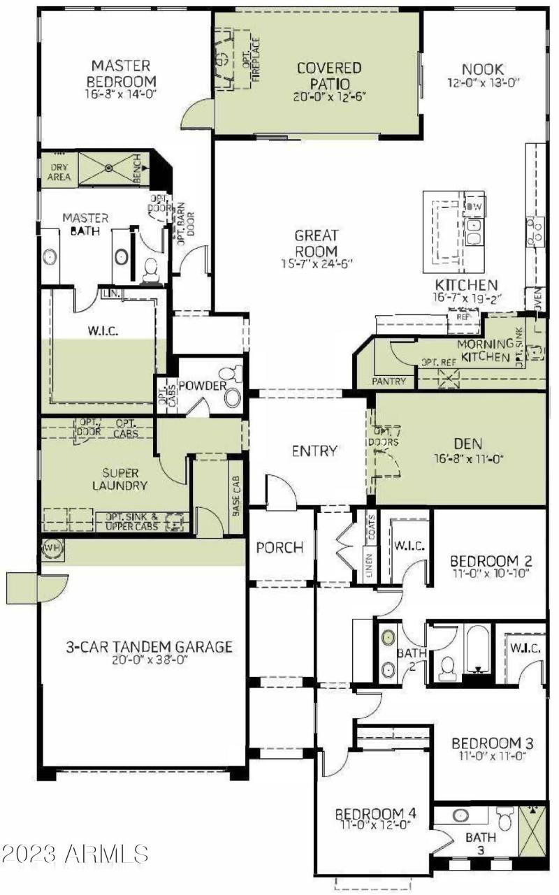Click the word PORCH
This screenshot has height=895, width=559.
[279, 548]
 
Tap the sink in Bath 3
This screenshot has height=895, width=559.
[460, 815]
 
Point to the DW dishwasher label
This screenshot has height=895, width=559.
[474, 207]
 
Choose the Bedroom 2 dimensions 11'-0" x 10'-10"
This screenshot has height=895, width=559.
[486, 574]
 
